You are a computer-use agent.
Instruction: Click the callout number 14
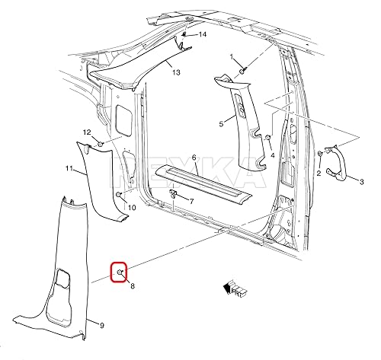[203, 35]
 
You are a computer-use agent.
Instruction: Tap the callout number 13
[176, 72]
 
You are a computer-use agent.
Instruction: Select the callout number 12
[87, 132]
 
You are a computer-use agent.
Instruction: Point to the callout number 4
[272, 155]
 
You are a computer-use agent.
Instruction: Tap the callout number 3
[362, 182]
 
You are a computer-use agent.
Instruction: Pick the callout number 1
[233, 57]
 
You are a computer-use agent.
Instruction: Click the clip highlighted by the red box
[120, 272]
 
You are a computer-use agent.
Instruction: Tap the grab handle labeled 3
[336, 163]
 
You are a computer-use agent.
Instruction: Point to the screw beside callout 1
[242, 70]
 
